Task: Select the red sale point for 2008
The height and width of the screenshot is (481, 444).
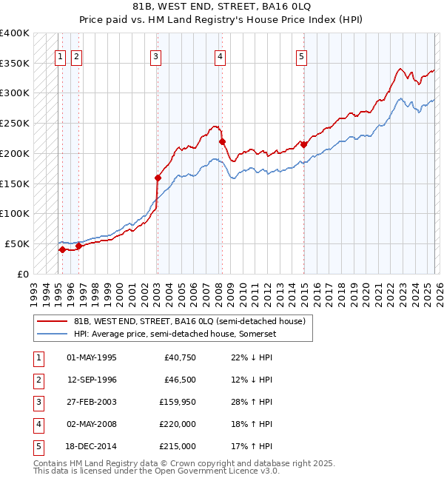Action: tap(222, 141)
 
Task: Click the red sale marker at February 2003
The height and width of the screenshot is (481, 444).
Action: tap(158, 178)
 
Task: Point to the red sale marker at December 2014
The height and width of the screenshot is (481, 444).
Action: tap(303, 144)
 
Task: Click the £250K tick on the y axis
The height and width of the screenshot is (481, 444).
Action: tap(15, 124)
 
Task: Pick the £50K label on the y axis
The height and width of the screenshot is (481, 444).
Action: tap(18, 243)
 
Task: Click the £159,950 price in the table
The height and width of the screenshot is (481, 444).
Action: tap(178, 402)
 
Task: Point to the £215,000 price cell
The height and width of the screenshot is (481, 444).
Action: tap(178, 446)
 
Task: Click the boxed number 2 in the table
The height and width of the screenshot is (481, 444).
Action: tap(38, 380)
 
